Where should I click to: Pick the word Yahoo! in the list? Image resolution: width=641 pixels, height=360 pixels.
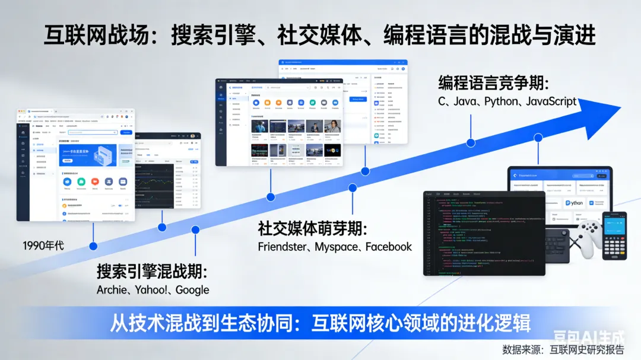coord(151,290)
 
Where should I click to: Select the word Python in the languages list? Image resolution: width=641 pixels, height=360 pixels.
coord(502,101)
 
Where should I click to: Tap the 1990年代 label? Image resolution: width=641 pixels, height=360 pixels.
coord(43,245)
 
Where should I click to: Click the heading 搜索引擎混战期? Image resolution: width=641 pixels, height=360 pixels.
coord(152,272)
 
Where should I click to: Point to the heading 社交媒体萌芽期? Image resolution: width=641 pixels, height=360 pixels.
coord(313,229)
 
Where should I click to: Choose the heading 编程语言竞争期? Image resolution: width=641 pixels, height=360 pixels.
coord(493,83)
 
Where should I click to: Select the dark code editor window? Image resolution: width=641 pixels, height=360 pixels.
coord(484,233)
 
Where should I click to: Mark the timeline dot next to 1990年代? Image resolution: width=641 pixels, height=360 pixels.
coord(93,246)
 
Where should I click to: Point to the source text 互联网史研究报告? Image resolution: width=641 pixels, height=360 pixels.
coord(587,349)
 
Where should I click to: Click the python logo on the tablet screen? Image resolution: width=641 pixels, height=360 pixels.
coord(573,203)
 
